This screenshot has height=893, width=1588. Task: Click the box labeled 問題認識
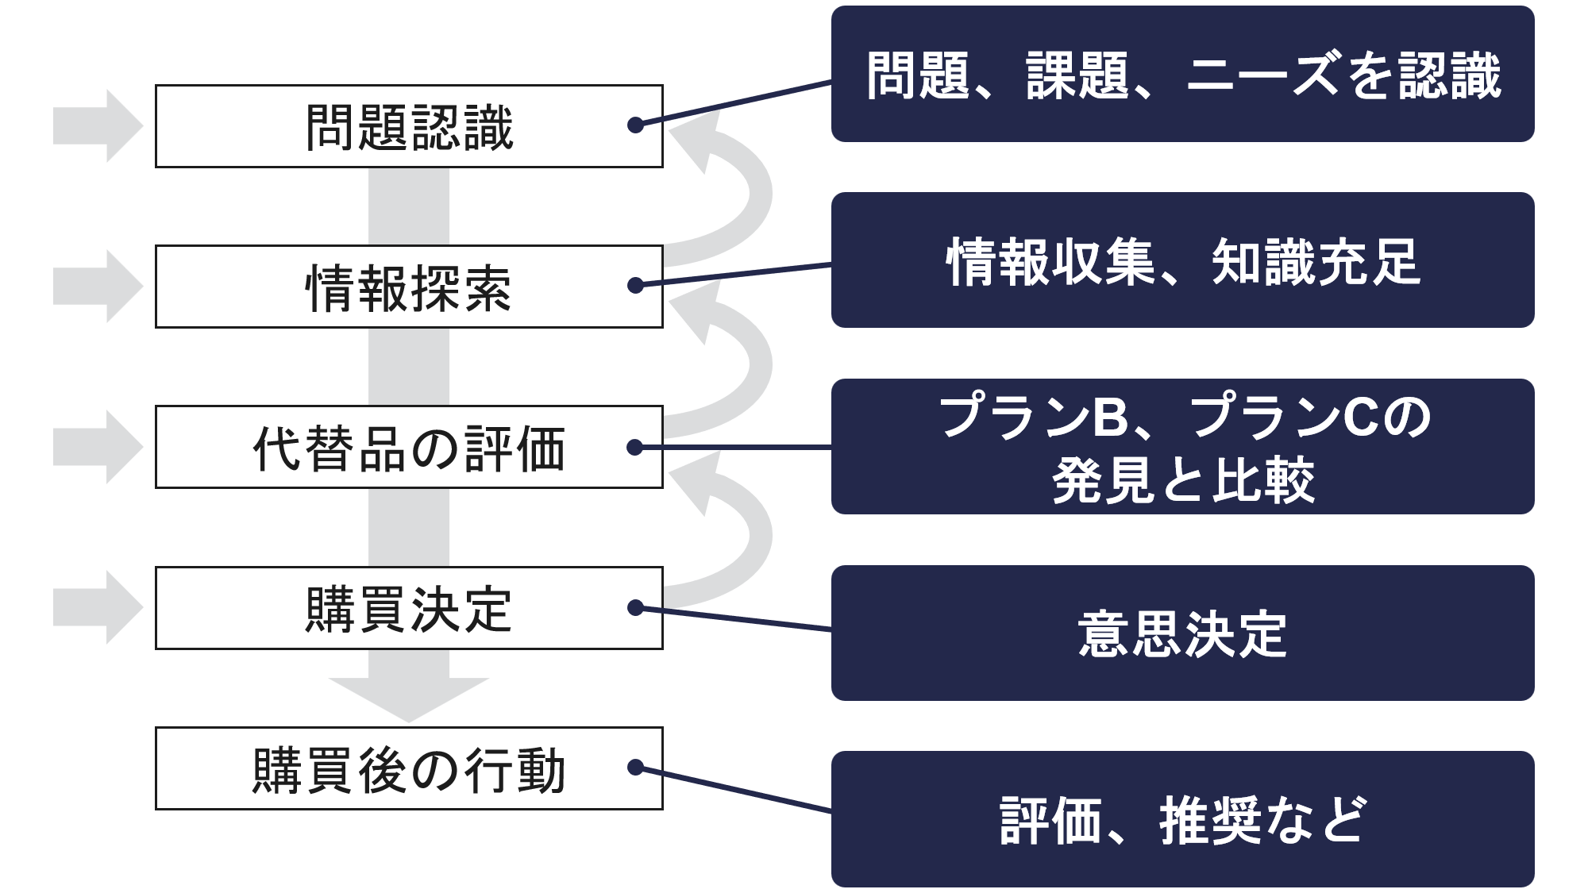pos(409,126)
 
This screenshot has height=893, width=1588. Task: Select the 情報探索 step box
pos(409,287)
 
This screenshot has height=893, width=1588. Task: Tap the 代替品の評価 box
pos(409,447)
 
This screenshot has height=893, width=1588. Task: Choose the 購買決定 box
pos(409,608)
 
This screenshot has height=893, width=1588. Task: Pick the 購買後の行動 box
pos(409,768)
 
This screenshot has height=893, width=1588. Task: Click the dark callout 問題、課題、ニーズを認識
pos(1182,74)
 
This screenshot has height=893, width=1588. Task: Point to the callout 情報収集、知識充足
pos(1182,260)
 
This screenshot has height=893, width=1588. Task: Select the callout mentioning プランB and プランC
pos(1182,447)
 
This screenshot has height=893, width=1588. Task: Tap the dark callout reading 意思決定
pos(1182,633)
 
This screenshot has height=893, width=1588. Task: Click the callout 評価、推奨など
pos(1182,819)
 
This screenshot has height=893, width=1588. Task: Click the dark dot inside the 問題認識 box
pos(635,125)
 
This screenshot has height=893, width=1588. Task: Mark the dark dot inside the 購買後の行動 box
pos(635,768)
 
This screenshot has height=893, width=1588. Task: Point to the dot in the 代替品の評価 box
pos(634,448)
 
